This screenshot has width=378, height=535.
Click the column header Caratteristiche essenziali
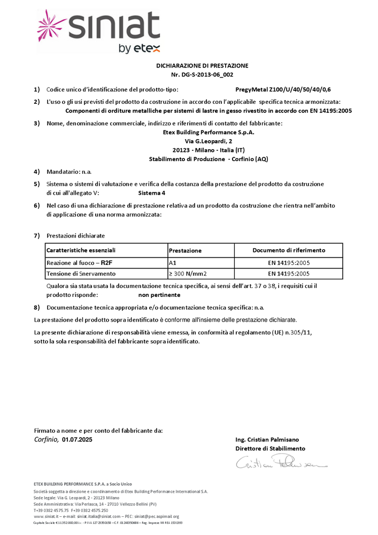[x=81, y=250]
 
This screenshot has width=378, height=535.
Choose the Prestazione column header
[x=185, y=250]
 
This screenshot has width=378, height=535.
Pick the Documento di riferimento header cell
[x=289, y=250]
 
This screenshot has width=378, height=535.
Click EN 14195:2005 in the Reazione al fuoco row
[x=289, y=263]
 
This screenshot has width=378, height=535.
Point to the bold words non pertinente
[x=159, y=295]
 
